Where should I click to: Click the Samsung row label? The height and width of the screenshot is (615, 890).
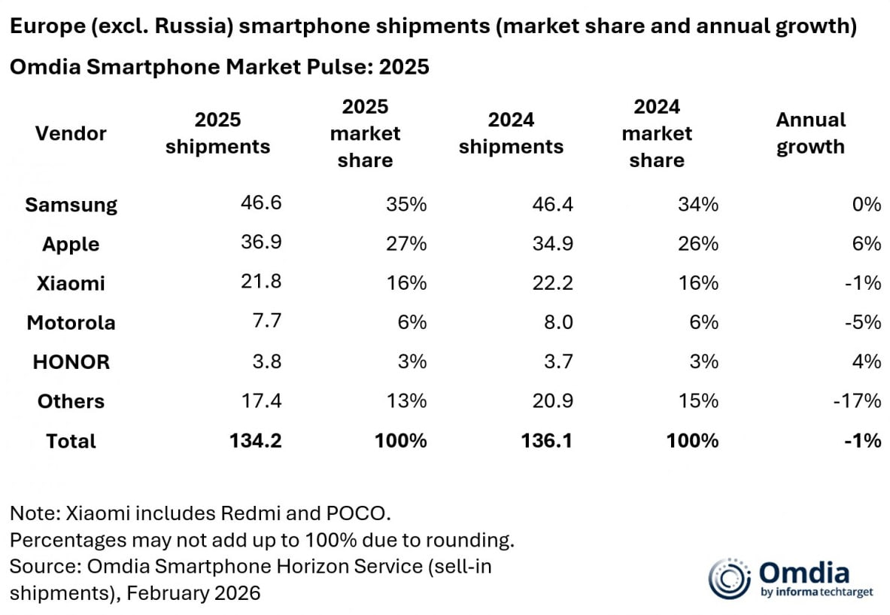[71, 205]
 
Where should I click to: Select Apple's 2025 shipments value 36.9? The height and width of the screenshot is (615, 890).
[260, 244]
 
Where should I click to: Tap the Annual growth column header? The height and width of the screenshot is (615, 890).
[810, 133]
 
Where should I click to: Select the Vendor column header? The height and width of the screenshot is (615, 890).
[71, 133]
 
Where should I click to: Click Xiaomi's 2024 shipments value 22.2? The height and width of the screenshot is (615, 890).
[551, 283]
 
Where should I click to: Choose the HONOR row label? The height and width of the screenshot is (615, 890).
[71, 361]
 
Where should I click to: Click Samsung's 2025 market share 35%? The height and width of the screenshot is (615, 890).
[407, 205]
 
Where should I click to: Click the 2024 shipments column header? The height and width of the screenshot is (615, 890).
[511, 133]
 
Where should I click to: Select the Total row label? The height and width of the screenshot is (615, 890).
[71, 440]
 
